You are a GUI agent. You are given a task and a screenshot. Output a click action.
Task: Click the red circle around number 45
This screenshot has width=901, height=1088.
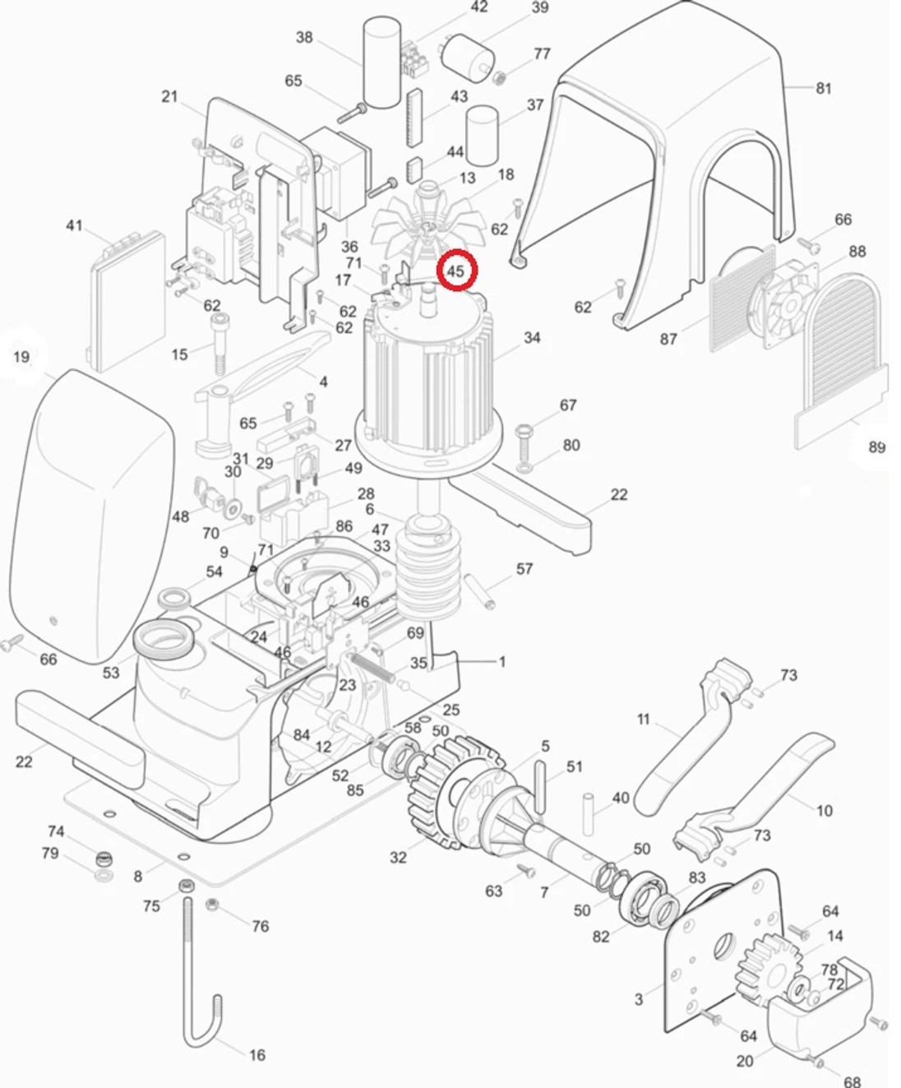pyautogui.click(x=456, y=271)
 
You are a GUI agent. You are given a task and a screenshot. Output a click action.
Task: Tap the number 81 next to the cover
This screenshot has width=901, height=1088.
pyautogui.click(x=824, y=88)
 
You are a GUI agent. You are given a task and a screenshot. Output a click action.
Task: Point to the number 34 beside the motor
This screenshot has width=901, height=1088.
pyautogui.click(x=532, y=338)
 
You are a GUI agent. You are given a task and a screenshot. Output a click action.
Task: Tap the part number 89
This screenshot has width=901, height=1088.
pyautogui.click(x=877, y=447)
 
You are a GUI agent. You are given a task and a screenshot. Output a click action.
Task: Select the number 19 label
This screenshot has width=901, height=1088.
pyautogui.click(x=22, y=357)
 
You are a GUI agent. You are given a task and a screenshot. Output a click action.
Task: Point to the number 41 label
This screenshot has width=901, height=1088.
pyautogui.click(x=74, y=225)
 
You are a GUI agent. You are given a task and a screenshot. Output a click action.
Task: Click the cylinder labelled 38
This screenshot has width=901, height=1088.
pyautogui.click(x=381, y=64)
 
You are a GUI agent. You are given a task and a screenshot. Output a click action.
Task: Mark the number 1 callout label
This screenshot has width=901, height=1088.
pyautogui.click(x=502, y=661)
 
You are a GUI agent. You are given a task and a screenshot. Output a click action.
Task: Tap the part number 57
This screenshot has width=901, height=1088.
pyautogui.click(x=524, y=569)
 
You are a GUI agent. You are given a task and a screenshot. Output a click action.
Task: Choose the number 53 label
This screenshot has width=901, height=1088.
pyautogui.click(x=111, y=673)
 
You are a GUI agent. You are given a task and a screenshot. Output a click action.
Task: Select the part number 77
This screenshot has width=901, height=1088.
pyautogui.click(x=542, y=54)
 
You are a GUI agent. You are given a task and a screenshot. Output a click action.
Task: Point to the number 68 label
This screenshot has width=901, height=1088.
pyautogui.click(x=852, y=1081)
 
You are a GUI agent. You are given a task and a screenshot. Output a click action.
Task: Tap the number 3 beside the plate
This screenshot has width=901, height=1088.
pyautogui.click(x=639, y=999)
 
